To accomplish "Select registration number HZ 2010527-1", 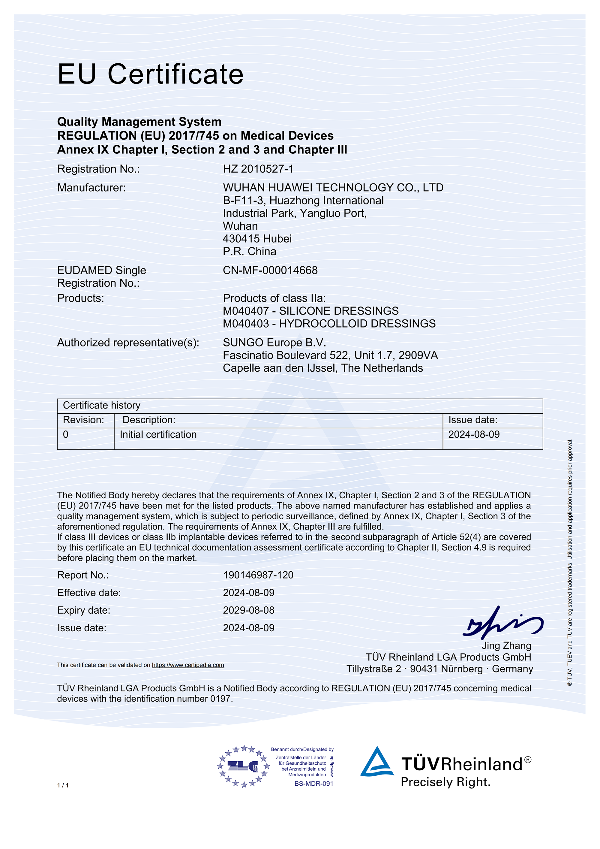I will click(258, 169).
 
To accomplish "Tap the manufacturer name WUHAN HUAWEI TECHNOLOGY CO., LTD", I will click(333, 188).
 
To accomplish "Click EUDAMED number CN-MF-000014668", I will click(270, 270).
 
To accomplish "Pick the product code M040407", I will click(246, 311).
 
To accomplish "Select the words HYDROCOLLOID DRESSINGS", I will click(357, 324).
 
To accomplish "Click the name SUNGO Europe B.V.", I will click(274, 343).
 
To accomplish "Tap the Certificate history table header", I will click(102, 406).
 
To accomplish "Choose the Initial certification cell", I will click(158, 434).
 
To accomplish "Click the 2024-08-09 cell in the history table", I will click(474, 434).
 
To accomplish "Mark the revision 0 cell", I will click(66, 434).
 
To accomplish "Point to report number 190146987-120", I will click(258, 575).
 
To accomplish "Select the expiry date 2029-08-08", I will click(249, 610).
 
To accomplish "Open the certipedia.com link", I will click(188, 665).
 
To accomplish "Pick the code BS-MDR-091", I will click(314, 784).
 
